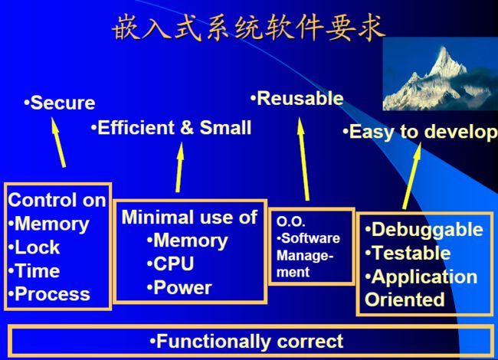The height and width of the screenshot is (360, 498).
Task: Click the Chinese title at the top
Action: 249,28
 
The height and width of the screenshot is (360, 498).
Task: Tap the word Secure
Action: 63,103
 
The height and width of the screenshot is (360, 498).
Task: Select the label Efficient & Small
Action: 175,128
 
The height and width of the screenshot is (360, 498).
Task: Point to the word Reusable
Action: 300,98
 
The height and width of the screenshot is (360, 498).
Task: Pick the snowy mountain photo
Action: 441,74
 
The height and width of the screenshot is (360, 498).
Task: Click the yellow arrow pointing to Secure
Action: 58,142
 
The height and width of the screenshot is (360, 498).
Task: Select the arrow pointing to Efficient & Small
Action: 179,167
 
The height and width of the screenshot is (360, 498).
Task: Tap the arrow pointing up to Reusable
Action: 303,159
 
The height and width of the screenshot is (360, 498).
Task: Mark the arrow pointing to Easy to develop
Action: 412,176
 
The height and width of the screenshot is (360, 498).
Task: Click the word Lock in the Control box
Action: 38,247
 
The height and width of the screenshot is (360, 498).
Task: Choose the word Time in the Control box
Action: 38,271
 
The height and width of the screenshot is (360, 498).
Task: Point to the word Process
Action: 52,294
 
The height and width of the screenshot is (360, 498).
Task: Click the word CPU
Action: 174,263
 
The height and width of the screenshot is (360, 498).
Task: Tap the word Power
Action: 182,288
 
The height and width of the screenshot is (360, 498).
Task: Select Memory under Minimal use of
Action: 191,241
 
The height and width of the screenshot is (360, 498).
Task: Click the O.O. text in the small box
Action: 290,221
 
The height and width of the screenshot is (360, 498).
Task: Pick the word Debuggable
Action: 428,229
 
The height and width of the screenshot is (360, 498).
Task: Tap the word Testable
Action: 411,253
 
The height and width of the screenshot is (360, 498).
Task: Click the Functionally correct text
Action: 250,342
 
